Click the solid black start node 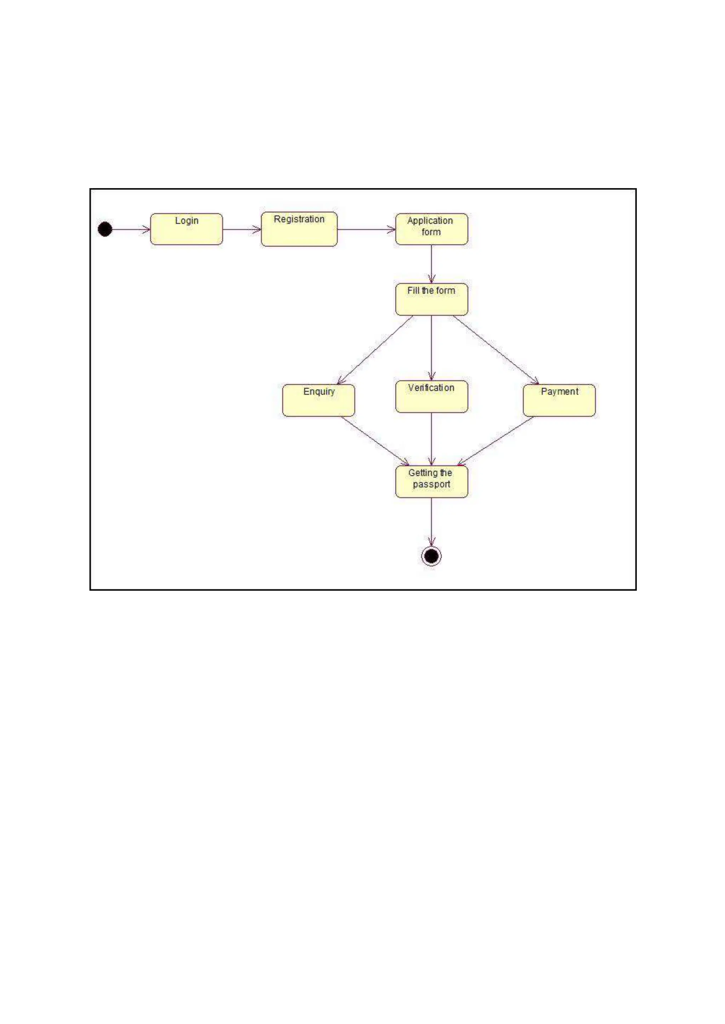(x=105, y=229)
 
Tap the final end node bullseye (x=431, y=556)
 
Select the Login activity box (x=186, y=229)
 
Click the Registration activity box (x=299, y=229)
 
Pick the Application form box (x=431, y=229)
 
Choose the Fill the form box (x=431, y=299)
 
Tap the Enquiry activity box (x=318, y=401)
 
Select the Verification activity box (x=431, y=396)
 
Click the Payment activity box (x=559, y=401)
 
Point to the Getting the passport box (x=431, y=482)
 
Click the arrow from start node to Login (x=131, y=230)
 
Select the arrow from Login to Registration (x=241, y=230)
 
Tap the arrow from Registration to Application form (x=366, y=230)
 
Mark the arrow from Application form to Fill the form (x=431, y=264)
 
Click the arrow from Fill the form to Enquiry (x=375, y=350)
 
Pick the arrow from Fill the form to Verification (x=431, y=348)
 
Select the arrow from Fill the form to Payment (x=496, y=350)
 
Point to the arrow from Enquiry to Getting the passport (x=375, y=441)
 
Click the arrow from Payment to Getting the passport (x=496, y=441)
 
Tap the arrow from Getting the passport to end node (x=431, y=522)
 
